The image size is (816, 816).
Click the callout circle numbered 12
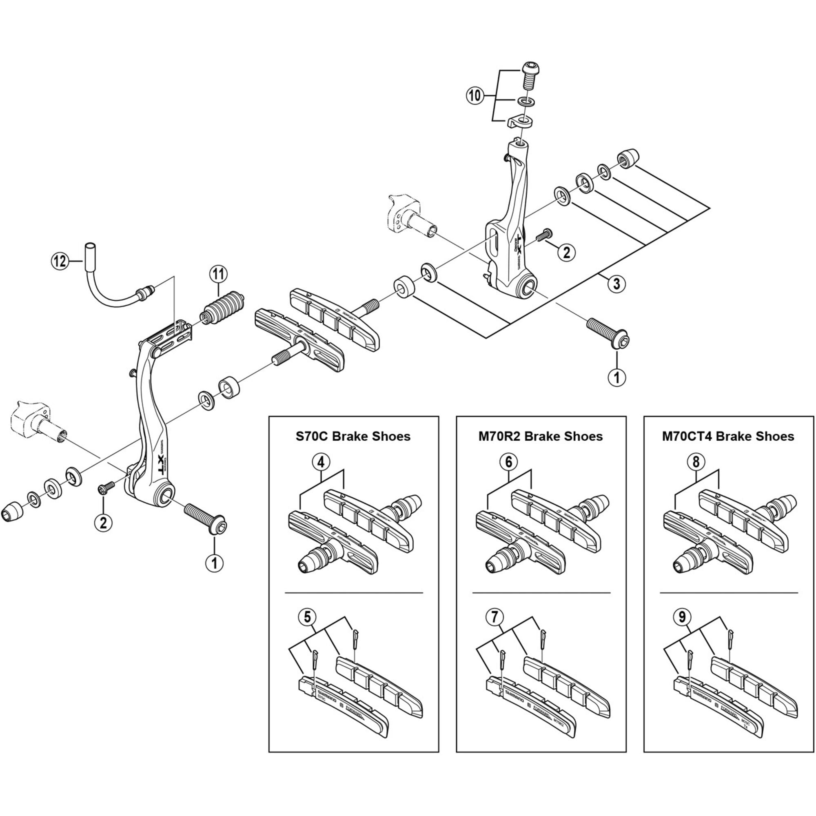click(60, 262)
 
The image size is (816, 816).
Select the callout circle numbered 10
click(475, 96)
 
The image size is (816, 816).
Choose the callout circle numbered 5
click(508, 463)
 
